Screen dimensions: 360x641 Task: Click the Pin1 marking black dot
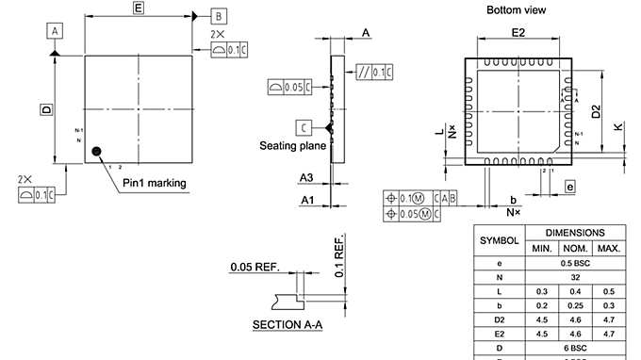click(x=95, y=151)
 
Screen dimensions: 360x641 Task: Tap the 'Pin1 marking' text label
click(x=155, y=183)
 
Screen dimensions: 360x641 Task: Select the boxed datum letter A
click(x=56, y=31)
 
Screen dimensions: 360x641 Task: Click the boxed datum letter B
click(x=218, y=16)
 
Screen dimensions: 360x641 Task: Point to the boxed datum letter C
click(x=304, y=127)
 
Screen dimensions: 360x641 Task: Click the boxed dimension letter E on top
click(x=138, y=8)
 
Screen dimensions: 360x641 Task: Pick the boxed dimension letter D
click(x=46, y=110)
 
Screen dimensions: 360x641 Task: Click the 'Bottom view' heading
click(x=517, y=9)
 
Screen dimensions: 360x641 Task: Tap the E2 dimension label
click(x=518, y=33)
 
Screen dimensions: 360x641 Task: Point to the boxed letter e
click(x=569, y=188)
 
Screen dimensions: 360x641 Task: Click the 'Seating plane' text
click(x=292, y=146)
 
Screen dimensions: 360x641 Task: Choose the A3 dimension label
click(x=306, y=177)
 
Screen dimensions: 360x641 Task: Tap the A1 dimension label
click(x=306, y=200)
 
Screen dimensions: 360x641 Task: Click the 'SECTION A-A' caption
click(x=288, y=325)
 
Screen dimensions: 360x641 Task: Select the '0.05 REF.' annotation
click(x=255, y=268)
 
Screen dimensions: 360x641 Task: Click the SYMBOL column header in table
click(x=500, y=240)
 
